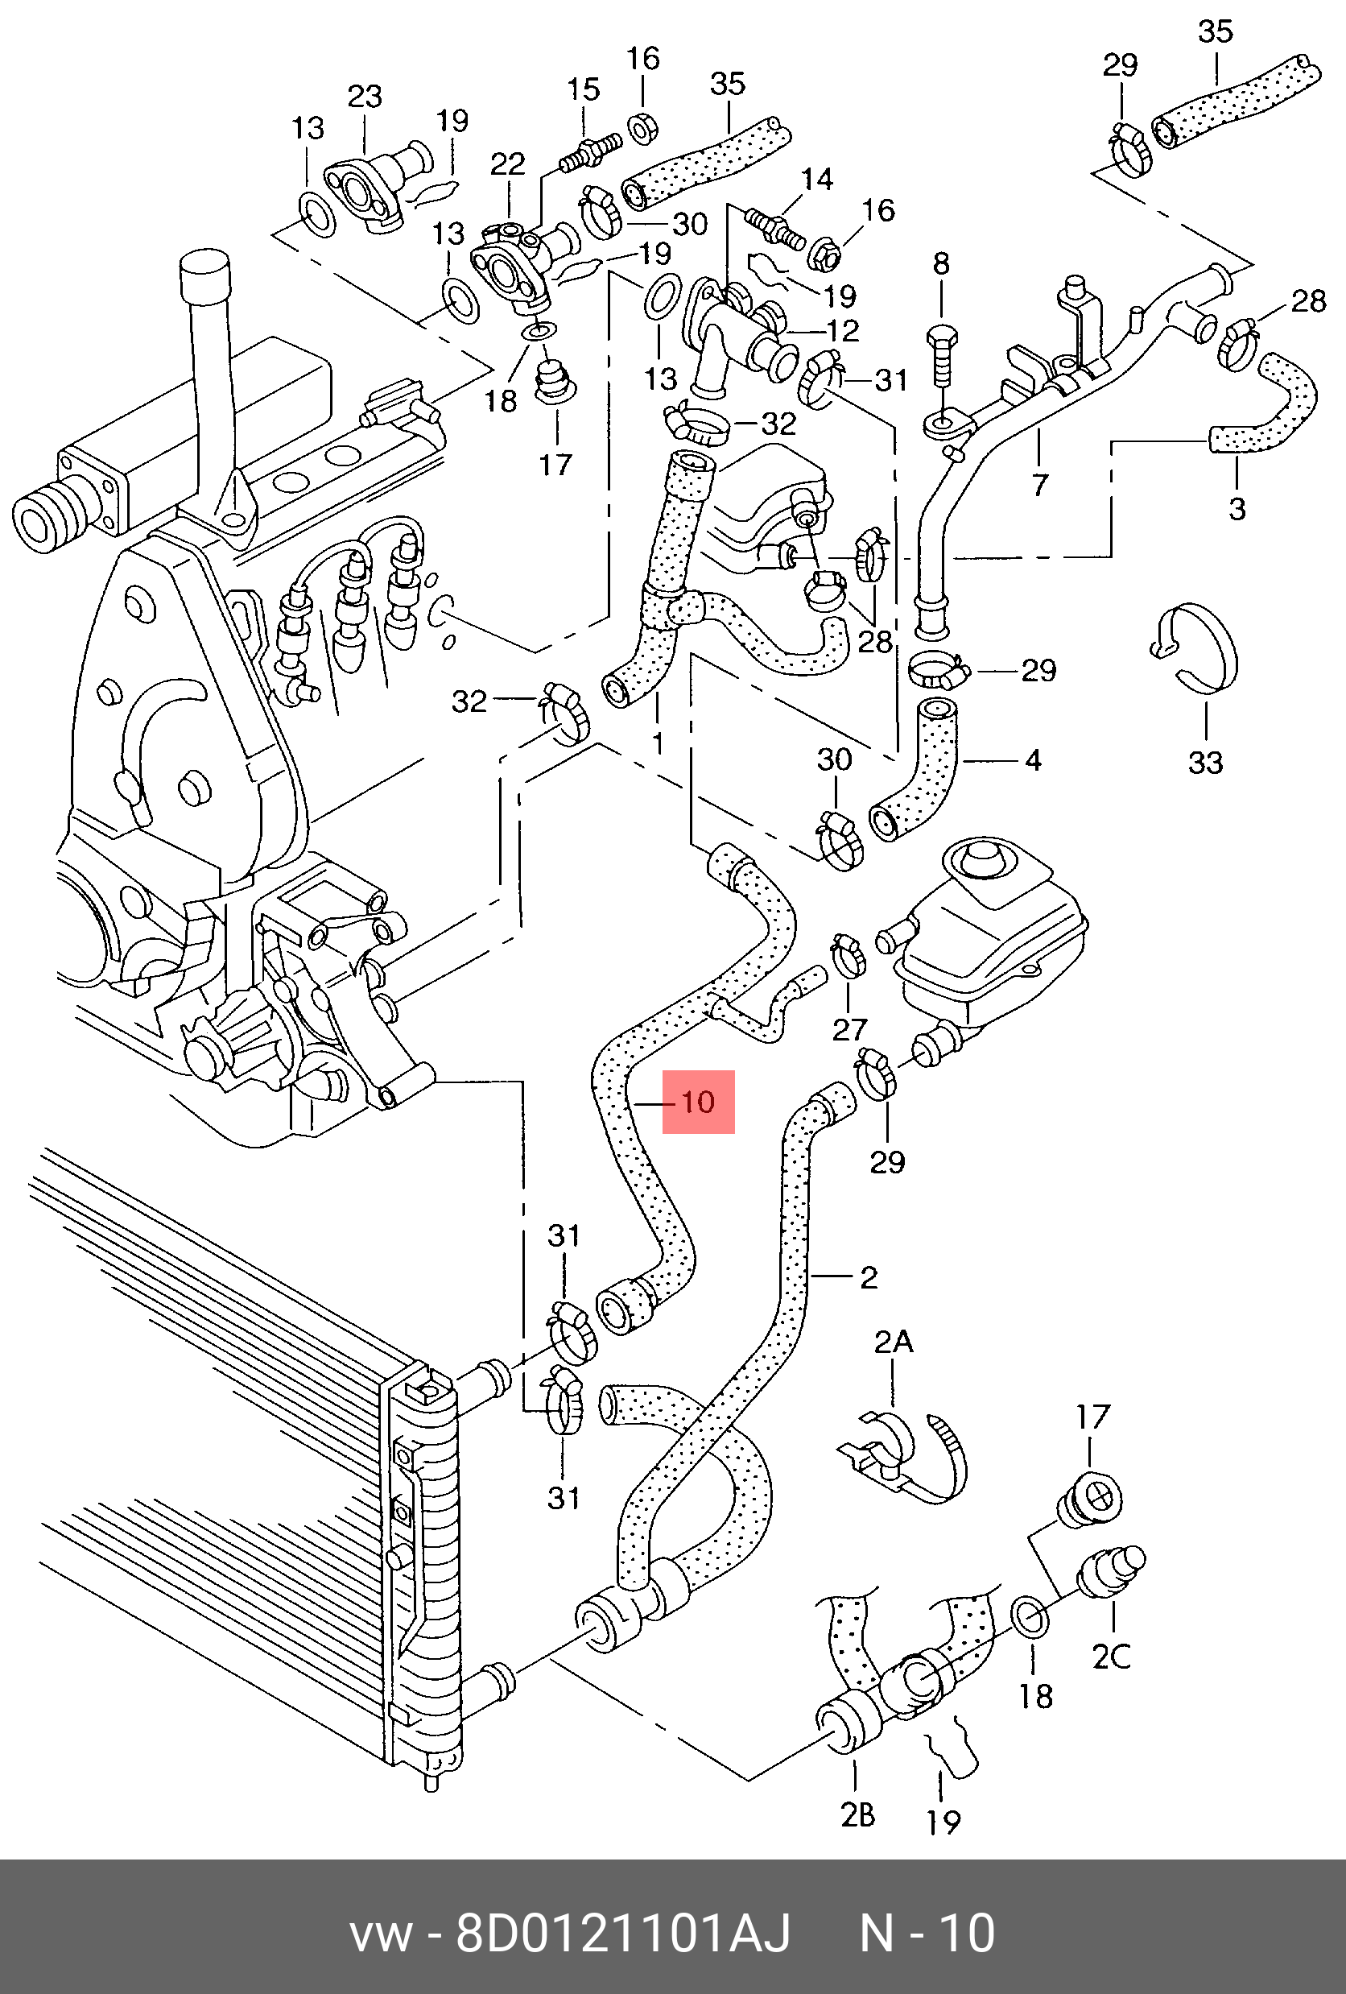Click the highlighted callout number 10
698,1102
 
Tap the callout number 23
365,96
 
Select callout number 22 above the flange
508,163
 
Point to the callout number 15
584,90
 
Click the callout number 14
816,179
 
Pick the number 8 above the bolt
941,263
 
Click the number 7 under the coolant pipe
1040,484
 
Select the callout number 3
1237,508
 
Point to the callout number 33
1205,762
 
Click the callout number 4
1033,759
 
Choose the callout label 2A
893,1342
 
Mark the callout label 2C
1112,1655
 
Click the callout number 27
849,1029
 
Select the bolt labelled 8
941,358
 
